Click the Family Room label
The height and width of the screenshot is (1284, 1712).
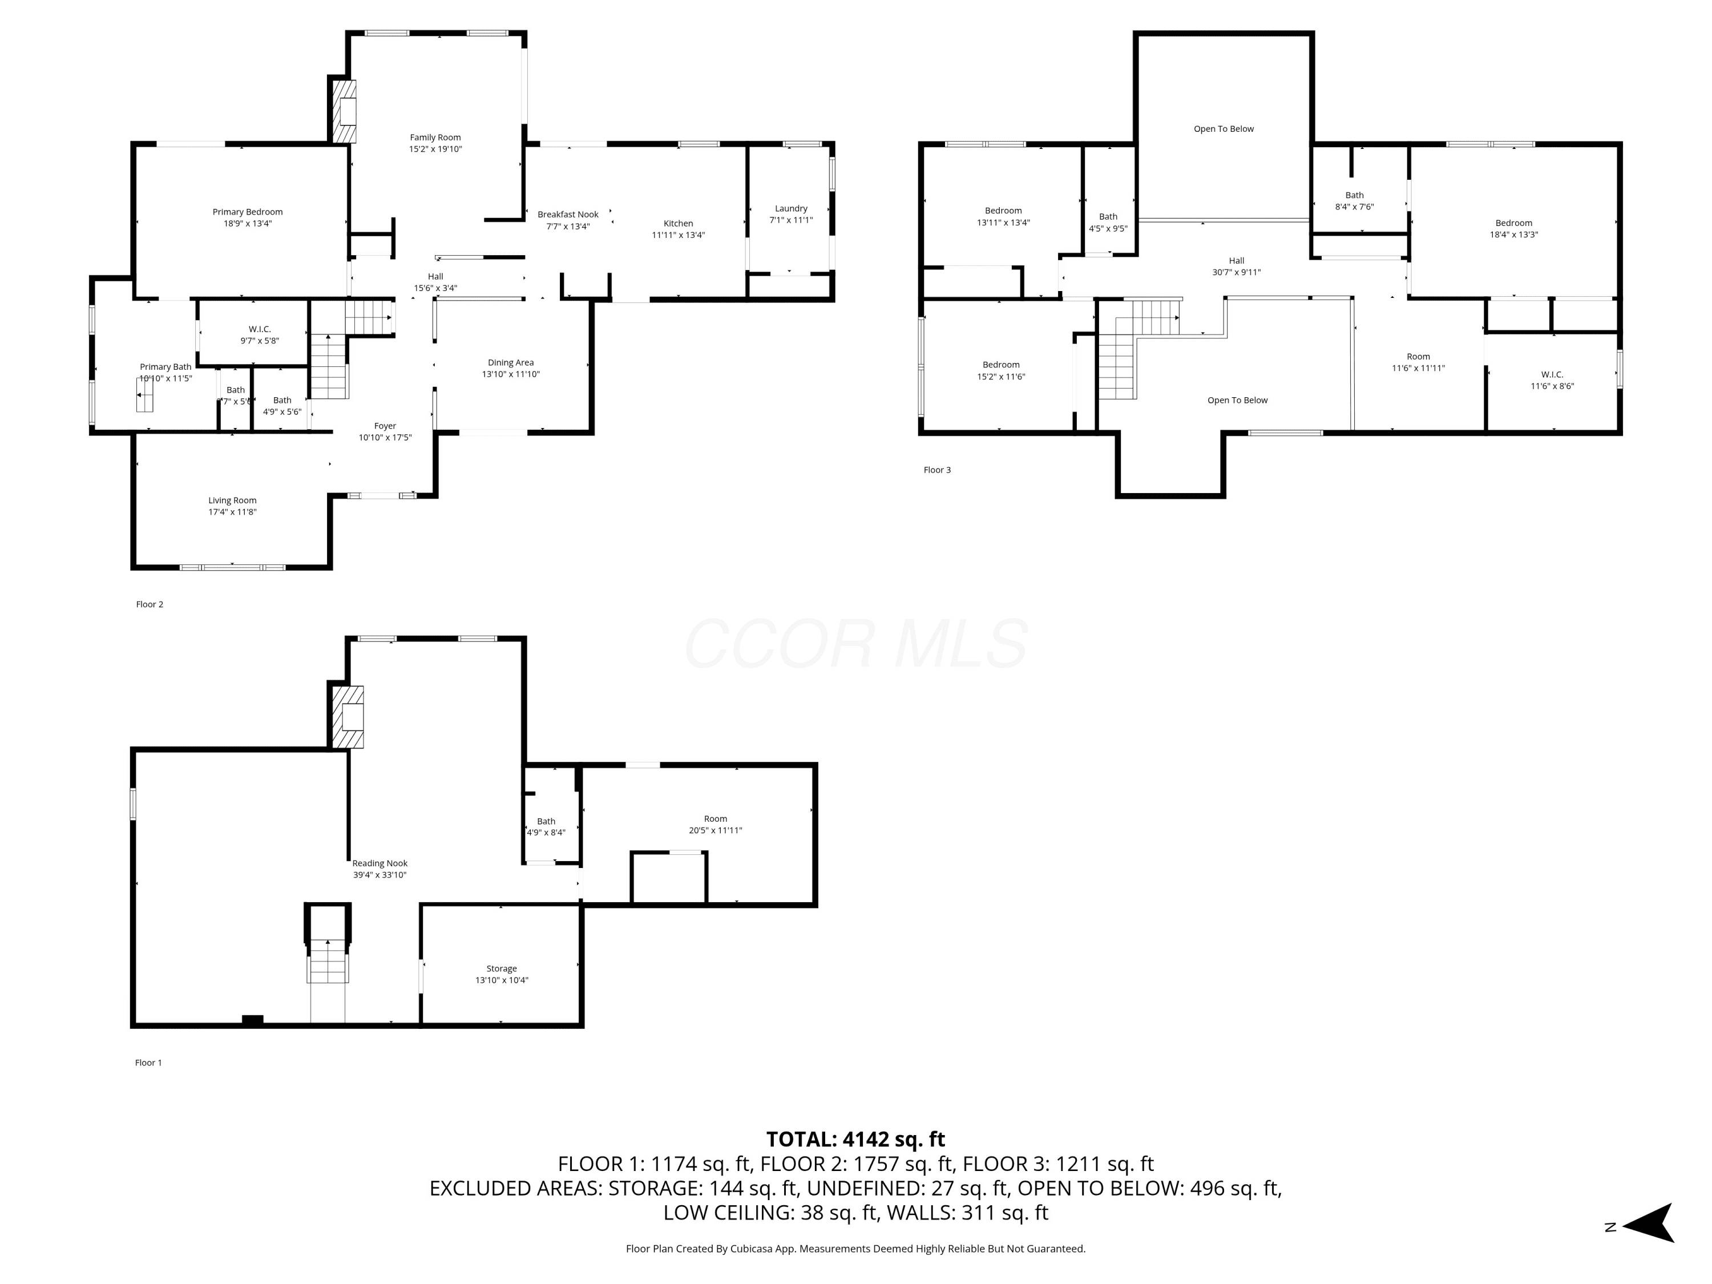pos(435,138)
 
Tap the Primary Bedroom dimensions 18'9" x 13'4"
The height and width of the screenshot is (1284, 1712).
pos(248,224)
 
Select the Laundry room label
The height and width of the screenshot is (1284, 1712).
pos(791,209)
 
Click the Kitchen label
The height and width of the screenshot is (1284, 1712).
pos(678,224)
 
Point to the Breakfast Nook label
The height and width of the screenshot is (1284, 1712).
pos(568,215)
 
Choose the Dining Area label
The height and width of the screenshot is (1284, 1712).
pos(511,362)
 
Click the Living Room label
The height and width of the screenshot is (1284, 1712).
pos(232,500)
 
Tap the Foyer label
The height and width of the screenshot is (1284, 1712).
pos(385,426)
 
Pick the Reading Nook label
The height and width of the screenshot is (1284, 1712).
pos(379,863)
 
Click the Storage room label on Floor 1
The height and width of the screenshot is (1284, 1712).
pos(502,968)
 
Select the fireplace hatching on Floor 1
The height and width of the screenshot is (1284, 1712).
pos(348,717)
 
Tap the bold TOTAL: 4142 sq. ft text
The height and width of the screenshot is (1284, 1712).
pos(855,1139)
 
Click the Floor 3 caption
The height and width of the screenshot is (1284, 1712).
pos(936,470)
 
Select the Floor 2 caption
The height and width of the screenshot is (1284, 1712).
pos(150,604)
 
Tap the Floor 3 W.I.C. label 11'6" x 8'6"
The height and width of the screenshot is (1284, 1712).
pos(1552,380)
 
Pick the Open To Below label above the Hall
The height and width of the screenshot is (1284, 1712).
pos(1224,128)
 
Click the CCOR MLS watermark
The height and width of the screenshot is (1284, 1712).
pos(856,643)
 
